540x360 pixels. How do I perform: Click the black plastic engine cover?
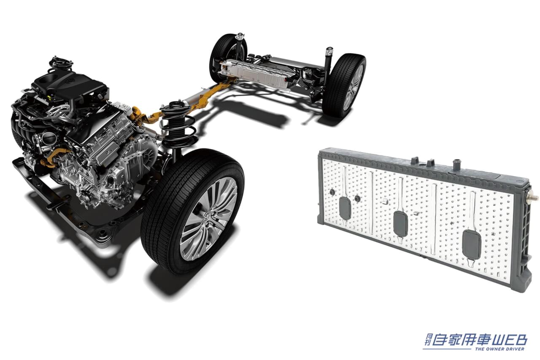pyautogui.click(x=70, y=84)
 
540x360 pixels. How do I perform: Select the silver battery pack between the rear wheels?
pyautogui.click(x=260, y=73)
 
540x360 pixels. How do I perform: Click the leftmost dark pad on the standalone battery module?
pyautogui.click(x=345, y=207)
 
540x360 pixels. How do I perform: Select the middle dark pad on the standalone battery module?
pyautogui.click(x=400, y=223)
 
